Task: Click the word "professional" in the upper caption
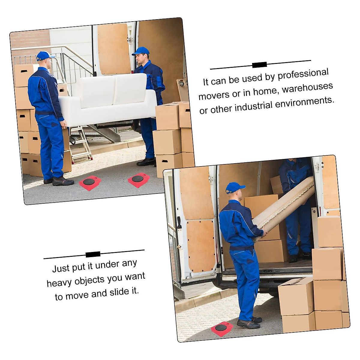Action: [303, 74]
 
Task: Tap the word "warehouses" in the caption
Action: [307, 88]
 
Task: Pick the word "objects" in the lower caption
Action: [89, 280]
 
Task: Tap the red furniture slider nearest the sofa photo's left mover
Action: [90, 183]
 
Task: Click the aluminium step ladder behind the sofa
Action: [81, 144]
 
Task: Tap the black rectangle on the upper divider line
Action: [259, 65]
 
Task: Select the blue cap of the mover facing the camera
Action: [140, 51]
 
